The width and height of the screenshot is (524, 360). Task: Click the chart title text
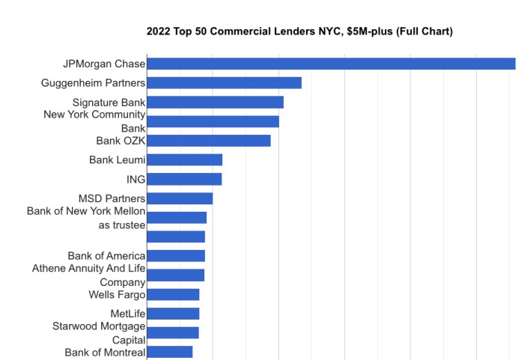pyautogui.click(x=299, y=31)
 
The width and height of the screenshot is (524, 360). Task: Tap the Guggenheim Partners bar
pyautogui.click(x=224, y=83)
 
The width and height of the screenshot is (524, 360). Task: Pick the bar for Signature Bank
pyautogui.click(x=215, y=103)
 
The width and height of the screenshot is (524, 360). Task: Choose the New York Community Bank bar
pyautogui.click(x=213, y=121)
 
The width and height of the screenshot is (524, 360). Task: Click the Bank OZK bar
pyautogui.click(x=209, y=141)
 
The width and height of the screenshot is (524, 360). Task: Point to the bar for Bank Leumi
pyautogui.click(x=185, y=159)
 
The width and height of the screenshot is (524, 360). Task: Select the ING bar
pyautogui.click(x=184, y=179)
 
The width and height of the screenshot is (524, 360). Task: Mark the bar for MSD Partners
pyautogui.click(x=180, y=198)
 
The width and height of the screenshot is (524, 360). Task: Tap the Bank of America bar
pyautogui.click(x=176, y=256)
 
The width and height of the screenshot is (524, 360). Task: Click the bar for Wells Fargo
pyautogui.click(x=173, y=294)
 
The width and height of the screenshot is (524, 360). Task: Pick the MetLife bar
pyautogui.click(x=173, y=314)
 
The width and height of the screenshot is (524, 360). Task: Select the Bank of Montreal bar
pyautogui.click(x=170, y=352)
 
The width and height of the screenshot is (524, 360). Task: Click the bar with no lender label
pyautogui.click(x=176, y=237)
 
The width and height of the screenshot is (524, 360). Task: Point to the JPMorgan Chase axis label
pyautogui.click(x=104, y=64)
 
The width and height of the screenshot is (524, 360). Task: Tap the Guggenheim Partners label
pyautogui.click(x=93, y=83)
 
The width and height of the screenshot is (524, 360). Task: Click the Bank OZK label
pyautogui.click(x=121, y=141)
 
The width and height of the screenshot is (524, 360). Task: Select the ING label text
pyautogui.click(x=135, y=179)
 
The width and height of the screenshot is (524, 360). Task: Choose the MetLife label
pyautogui.click(x=127, y=314)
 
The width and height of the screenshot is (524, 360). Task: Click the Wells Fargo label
pyautogui.click(x=117, y=294)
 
